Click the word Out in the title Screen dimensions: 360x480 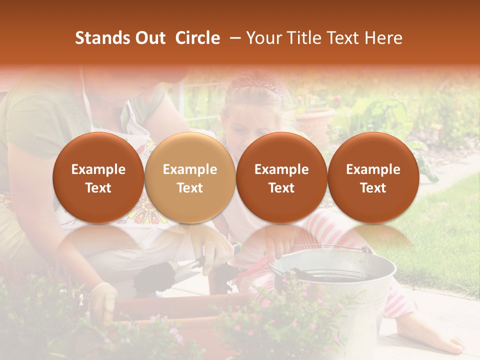[x=149, y=38]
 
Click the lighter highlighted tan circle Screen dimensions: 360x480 [x=189, y=178]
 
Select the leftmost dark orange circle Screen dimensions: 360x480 [x=98, y=178]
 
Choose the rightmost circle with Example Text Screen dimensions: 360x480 [x=373, y=178]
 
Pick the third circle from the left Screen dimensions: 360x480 [x=281, y=178]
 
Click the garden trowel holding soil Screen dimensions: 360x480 [x=155, y=275]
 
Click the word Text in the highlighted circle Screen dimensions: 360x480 [x=189, y=188]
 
